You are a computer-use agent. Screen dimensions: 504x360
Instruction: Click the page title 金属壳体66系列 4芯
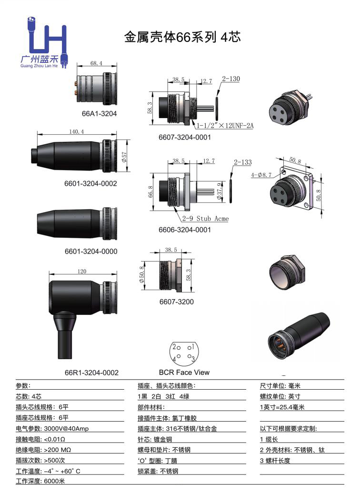(182, 38)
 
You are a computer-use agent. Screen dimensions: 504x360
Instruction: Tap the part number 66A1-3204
(99, 114)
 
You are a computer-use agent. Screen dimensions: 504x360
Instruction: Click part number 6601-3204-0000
(91, 251)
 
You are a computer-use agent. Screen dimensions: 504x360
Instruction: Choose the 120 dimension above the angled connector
(82, 271)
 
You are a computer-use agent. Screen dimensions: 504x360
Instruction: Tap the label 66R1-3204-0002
(91, 373)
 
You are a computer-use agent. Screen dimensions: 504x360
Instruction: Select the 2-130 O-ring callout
(231, 79)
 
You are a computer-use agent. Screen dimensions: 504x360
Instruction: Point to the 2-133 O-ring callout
(242, 162)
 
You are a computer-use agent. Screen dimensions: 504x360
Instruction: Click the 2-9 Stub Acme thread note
(205, 219)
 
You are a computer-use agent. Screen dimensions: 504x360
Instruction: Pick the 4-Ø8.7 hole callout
(261, 175)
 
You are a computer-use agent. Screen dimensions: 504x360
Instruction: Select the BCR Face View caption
(184, 372)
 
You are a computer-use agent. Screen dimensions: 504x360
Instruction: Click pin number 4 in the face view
(174, 360)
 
